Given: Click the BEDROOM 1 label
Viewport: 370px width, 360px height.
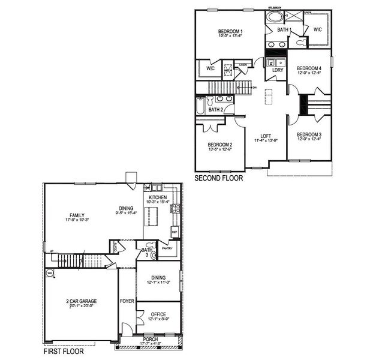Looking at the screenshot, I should point(230,31).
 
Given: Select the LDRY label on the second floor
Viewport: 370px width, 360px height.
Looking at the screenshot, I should point(278,70).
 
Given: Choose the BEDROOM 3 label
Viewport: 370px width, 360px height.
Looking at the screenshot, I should point(309,134).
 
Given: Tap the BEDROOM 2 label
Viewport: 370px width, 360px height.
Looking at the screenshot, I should point(220,145).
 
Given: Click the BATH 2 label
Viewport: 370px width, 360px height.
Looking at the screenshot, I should point(216,109).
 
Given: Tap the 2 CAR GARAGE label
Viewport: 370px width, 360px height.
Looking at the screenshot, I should point(82,301).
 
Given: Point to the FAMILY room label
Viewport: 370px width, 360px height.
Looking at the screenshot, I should point(77,215).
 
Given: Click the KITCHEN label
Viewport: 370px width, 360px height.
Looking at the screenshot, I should point(158,197).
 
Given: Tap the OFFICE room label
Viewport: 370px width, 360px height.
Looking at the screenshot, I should point(158,314).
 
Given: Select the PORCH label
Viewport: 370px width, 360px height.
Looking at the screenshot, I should point(151,339).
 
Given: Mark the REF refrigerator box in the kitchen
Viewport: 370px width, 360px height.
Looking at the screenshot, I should point(175,231).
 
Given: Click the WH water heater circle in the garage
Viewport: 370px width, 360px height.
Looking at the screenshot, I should point(50,272).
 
